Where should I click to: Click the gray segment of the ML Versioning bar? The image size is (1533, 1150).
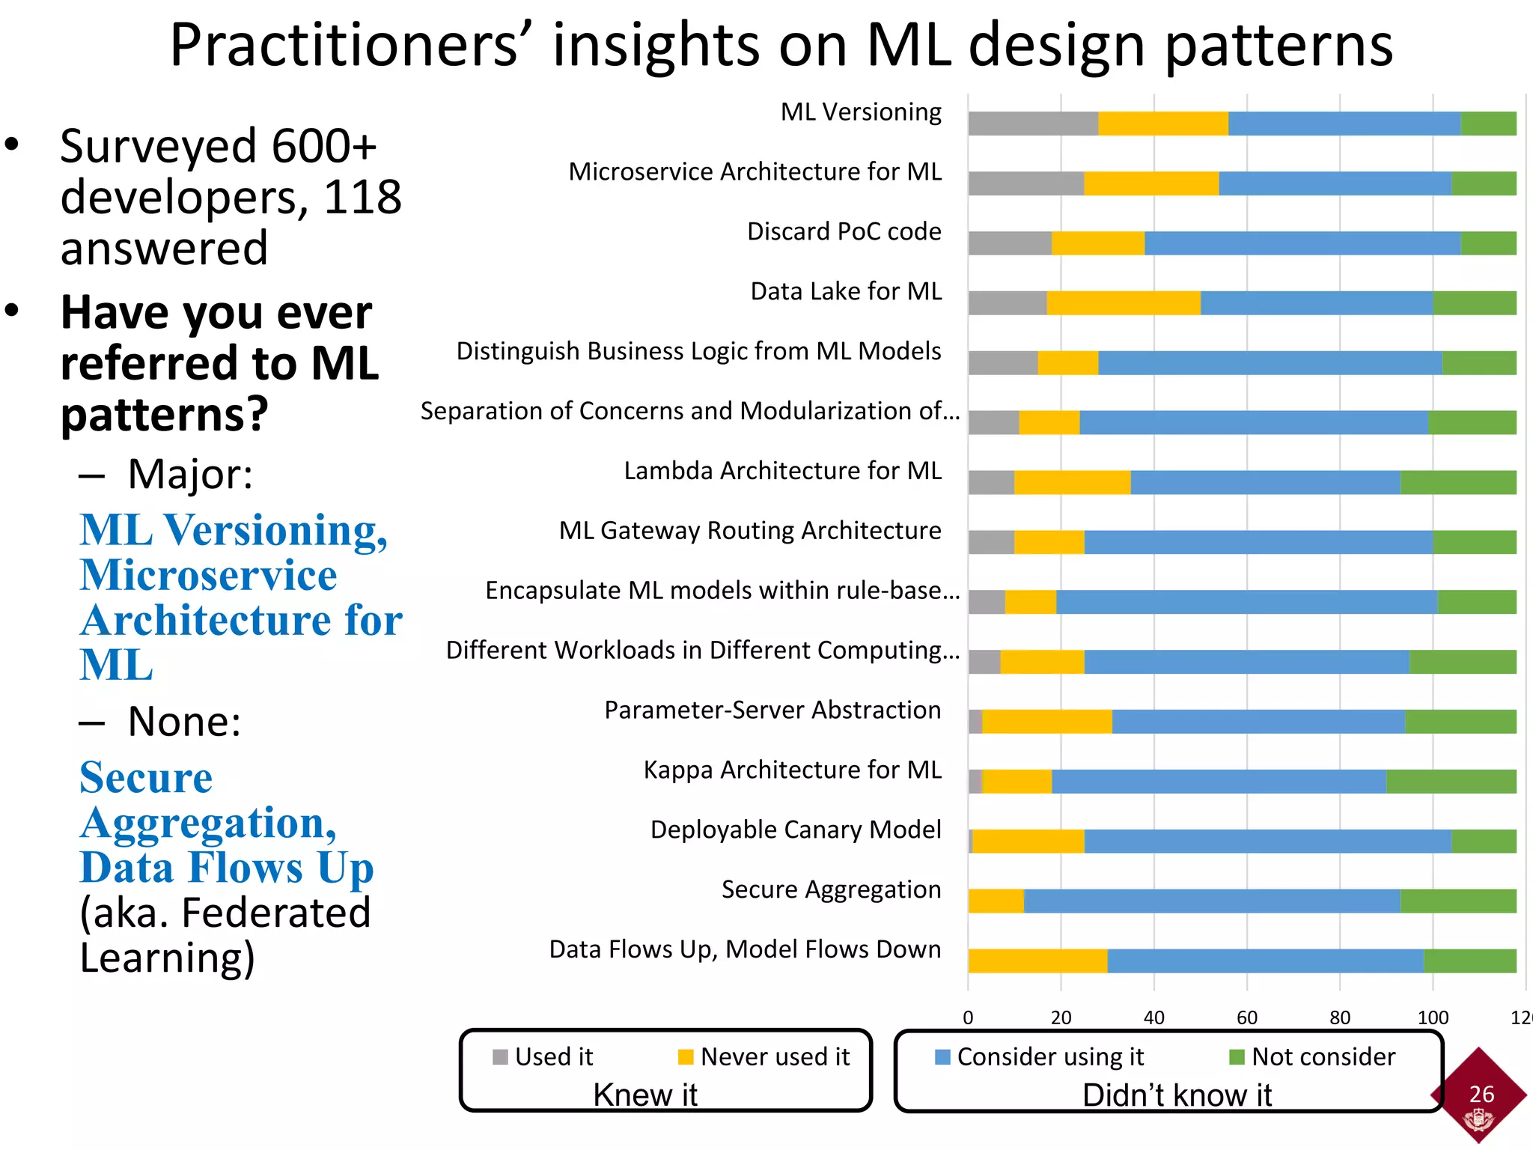coord(1033,124)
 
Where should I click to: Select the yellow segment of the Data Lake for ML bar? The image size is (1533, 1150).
coord(1123,303)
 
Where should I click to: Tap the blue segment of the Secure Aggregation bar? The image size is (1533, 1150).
coord(1211,901)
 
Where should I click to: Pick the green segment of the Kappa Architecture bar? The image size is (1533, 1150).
coord(1451,782)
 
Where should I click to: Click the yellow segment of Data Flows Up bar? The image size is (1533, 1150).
coord(1037,961)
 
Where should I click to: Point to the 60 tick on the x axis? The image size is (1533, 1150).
coord(1247,1017)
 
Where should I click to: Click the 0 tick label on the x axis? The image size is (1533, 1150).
coord(968,1017)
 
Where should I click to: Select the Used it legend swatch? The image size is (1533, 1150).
coord(500,1057)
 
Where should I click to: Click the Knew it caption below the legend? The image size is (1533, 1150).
coord(645,1095)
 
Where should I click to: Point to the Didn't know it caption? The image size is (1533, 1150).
coord(1177,1095)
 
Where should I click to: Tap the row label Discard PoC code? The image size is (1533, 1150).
coord(844,231)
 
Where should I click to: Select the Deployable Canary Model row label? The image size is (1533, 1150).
coord(795,830)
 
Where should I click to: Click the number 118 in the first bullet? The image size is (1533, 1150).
coord(362,198)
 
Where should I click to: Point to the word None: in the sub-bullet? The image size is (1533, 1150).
coord(184,722)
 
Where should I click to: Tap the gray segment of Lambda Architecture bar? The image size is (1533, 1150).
coord(991,483)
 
